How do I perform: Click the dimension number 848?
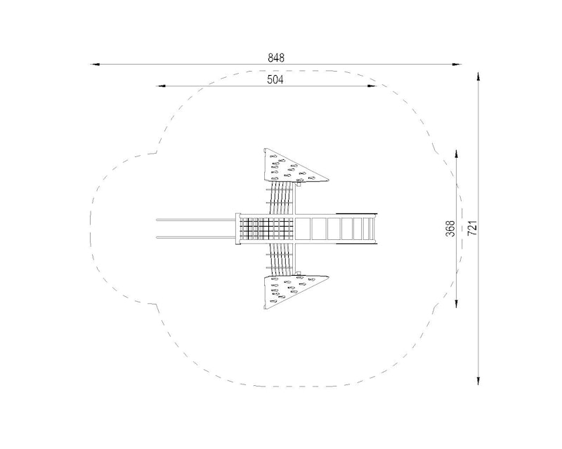pos(276,58)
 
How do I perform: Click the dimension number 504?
pos(275,80)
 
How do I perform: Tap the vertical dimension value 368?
pos(450,229)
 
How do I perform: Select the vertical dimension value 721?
pos(473,228)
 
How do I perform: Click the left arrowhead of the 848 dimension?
pos(95,65)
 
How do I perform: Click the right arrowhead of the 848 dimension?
pos(457,65)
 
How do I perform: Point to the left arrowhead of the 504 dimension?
pos(161,86)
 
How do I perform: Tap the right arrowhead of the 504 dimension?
pos(372,86)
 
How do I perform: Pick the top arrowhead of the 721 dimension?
pos(478,76)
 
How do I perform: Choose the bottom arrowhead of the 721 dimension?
pos(478,381)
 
